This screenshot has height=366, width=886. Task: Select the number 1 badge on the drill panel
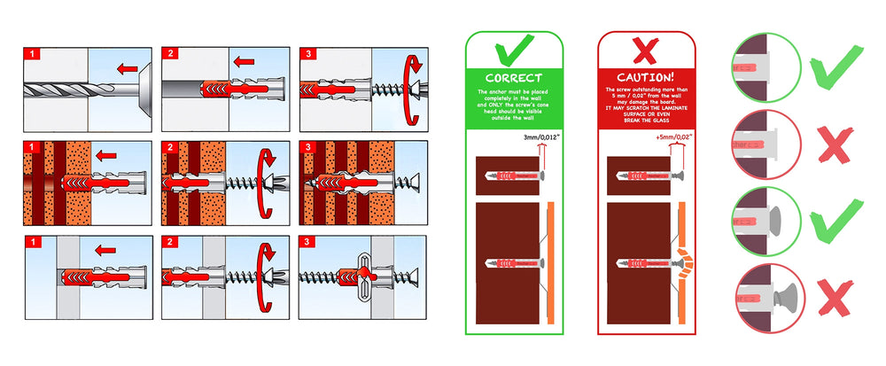click(32, 54)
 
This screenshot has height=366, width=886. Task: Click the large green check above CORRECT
click(514, 51)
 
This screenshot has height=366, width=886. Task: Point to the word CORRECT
click(514, 78)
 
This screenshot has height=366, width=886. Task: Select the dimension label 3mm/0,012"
click(540, 138)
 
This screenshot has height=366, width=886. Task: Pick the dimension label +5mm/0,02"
click(670, 138)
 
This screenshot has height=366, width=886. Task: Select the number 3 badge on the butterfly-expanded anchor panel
click(308, 242)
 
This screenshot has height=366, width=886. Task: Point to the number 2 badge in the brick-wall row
click(170, 148)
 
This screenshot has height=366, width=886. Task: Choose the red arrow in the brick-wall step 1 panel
click(106, 156)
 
